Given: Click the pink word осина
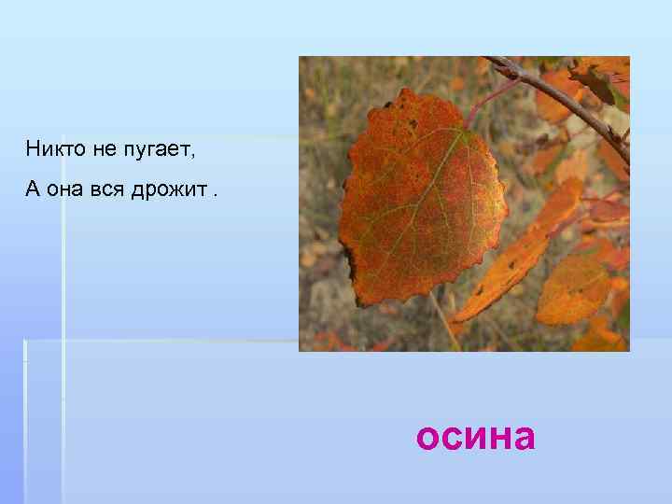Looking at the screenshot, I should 476,436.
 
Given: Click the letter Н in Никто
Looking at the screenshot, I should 33,147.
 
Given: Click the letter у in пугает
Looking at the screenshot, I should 138,149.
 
